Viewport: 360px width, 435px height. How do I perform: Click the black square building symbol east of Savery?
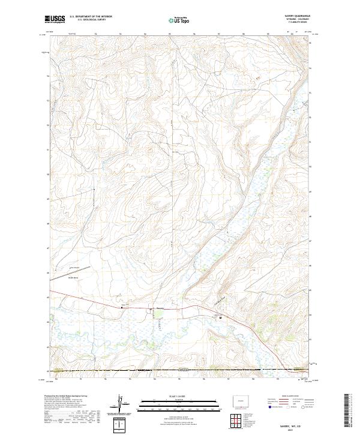pos(220,317)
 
